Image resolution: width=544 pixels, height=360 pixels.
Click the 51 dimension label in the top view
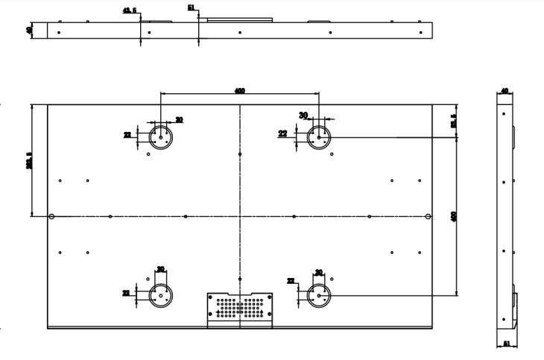tap(192, 7)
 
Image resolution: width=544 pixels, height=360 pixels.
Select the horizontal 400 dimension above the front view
tap(239, 90)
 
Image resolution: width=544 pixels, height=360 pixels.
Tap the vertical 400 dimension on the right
tap(454, 216)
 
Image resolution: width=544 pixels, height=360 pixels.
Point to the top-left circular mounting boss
tap(160, 136)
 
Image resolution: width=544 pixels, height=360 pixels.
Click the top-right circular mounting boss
tap(319, 137)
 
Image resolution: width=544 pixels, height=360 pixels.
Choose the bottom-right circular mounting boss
tap(319, 295)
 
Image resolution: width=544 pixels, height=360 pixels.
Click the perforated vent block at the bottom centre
tap(240, 309)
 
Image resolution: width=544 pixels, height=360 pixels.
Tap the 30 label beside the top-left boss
tap(179, 119)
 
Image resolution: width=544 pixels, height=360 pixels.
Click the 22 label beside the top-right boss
tap(282, 133)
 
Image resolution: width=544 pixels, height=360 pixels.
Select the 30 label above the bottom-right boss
tap(319, 272)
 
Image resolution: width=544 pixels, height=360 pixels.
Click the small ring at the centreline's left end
tap(51, 217)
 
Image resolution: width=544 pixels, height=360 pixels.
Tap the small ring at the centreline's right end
tap(428, 217)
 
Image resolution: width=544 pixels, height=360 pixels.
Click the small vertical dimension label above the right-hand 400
tap(454, 121)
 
